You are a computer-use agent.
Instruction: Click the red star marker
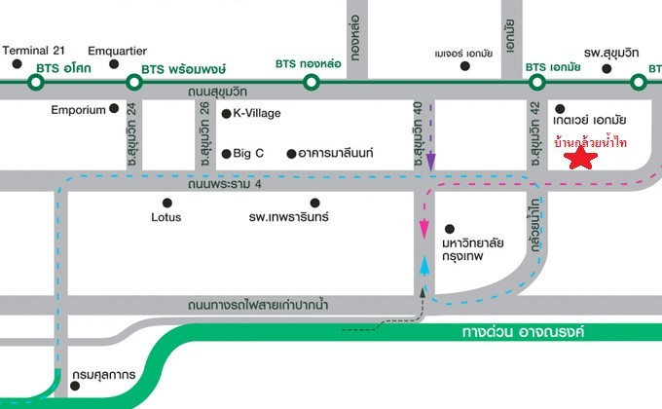582,159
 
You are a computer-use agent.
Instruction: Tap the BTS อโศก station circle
35,83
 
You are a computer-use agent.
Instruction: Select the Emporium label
78,110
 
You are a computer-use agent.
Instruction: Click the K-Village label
256,113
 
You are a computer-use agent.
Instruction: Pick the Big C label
248,153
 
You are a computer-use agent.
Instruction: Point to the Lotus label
166,217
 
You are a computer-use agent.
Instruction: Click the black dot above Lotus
166,203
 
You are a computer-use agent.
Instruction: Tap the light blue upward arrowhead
424,264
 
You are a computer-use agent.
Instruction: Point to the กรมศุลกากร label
102,375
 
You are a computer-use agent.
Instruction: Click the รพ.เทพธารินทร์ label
290,217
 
